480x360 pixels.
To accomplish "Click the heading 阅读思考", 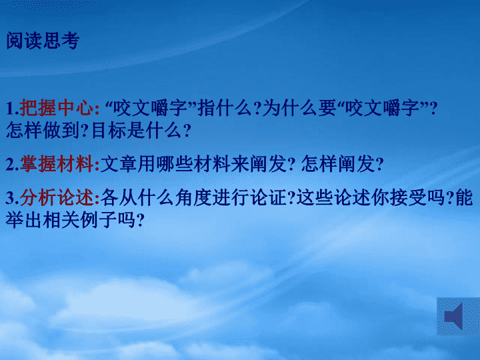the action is (43, 41).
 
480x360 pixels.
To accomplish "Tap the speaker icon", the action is (454, 316).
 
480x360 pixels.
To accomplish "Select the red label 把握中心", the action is (56, 108).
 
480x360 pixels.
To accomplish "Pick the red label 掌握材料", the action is (57, 164).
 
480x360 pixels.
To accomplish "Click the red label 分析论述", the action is (57, 197).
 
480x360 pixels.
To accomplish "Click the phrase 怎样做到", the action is (43, 130).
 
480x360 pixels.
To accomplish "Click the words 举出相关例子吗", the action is (71, 220).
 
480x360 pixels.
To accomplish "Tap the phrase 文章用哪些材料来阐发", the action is (193, 164).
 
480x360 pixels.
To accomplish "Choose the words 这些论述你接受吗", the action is (371, 197).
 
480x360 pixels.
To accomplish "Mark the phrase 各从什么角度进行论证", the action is (193, 197).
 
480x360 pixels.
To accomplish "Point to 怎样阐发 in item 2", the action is (338, 164).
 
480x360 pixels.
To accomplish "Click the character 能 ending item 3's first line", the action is (464, 197).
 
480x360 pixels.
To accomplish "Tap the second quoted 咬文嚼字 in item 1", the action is (382, 108).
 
